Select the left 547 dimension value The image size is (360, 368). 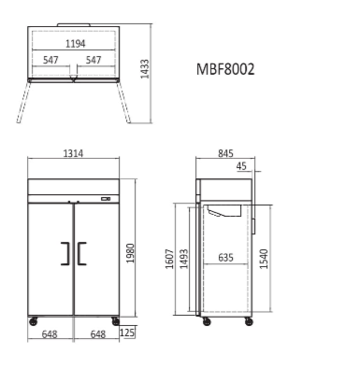[51, 60]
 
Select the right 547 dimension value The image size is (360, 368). [94, 60]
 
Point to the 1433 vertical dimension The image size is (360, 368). [145, 70]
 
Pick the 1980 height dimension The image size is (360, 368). [131, 252]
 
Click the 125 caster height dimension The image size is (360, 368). [127, 333]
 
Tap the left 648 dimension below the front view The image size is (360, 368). [50, 333]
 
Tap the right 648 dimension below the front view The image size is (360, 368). [96, 333]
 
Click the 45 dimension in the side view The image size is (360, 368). [242, 167]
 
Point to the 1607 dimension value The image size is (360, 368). [169, 259]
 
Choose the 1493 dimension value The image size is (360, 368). [184, 259]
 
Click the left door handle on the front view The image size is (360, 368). [65, 253]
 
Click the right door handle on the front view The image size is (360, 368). [81, 253]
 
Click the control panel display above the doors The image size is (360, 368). [105, 198]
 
